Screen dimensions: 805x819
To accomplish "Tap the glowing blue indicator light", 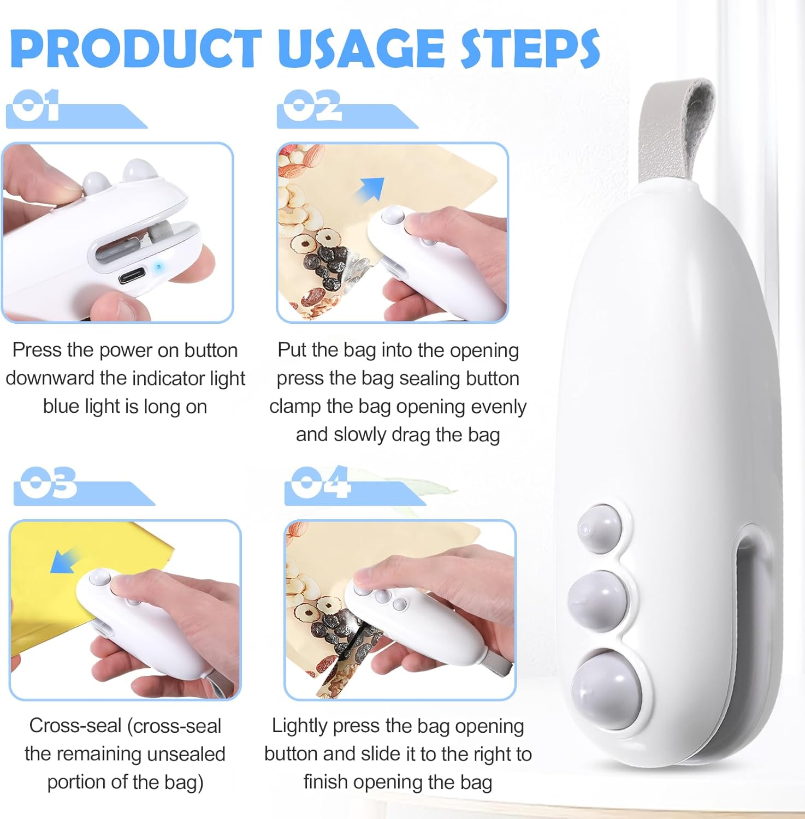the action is click(158, 267).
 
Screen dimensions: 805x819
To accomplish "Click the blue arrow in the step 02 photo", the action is click(370, 189).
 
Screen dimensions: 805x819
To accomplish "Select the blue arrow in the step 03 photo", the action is click(64, 561).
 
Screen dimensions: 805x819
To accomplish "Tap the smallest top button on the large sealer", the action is click(600, 528).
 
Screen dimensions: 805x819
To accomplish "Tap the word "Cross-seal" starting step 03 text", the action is click(75, 726).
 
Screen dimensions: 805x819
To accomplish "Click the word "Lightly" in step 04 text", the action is click(299, 727).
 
